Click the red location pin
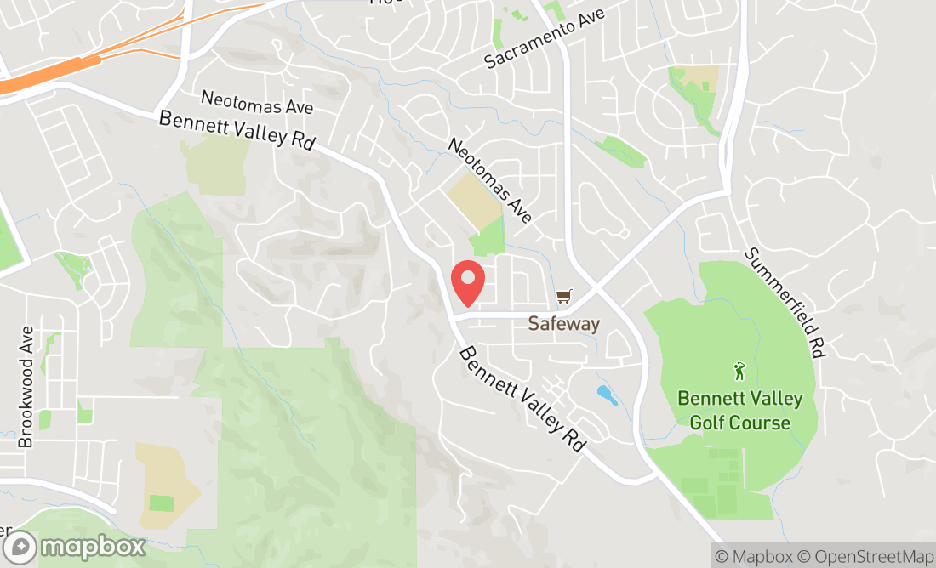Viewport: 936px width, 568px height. pos(467,282)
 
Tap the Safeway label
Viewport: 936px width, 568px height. pos(563,324)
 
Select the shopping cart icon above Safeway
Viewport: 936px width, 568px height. pos(563,296)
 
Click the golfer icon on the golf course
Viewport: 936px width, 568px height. pos(739,371)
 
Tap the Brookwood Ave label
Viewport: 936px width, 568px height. pos(26,387)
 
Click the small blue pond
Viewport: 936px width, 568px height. pos(607,395)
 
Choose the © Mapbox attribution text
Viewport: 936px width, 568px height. pos(752,556)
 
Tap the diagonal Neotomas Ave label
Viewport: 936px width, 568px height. pos(490,181)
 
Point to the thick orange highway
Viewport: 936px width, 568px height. pos(51,77)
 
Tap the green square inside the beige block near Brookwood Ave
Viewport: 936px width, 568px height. pos(162,503)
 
